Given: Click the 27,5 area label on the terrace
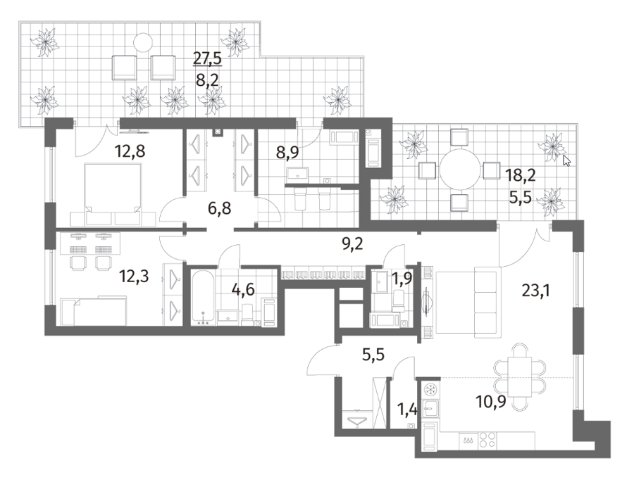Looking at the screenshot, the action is click(207, 58).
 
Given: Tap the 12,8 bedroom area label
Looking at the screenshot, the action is click(130, 151).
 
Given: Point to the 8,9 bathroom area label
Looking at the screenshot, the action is click(287, 153).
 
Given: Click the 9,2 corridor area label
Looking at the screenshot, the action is click(352, 244).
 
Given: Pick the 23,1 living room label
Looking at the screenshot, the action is click(536, 291).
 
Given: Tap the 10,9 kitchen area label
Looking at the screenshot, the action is click(491, 402).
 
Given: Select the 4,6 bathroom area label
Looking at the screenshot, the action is click(242, 289).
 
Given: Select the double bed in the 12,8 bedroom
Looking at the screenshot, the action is click(113, 194).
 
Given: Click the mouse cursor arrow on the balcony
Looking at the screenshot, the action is click(566, 160).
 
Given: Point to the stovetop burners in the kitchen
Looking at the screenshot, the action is click(487, 440).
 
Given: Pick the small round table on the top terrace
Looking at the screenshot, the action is click(143, 42).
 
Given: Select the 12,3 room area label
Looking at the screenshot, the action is click(134, 277).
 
